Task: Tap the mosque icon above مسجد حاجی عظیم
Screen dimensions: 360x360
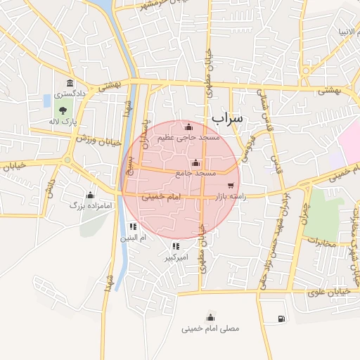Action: coord(188,127)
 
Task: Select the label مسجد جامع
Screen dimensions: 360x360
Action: coord(196,173)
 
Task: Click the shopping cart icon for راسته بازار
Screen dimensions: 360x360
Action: coord(250,186)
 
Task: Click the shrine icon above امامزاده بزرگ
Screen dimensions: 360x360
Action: coord(89,195)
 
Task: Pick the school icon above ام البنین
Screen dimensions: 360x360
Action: coord(133,227)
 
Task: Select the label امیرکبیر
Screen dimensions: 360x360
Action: coord(176,257)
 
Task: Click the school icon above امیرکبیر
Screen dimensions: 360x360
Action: coord(176,246)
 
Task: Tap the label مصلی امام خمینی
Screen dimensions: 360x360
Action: coord(210,328)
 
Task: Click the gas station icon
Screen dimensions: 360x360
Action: coord(281,319)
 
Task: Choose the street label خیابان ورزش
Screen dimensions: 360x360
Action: coord(82,138)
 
